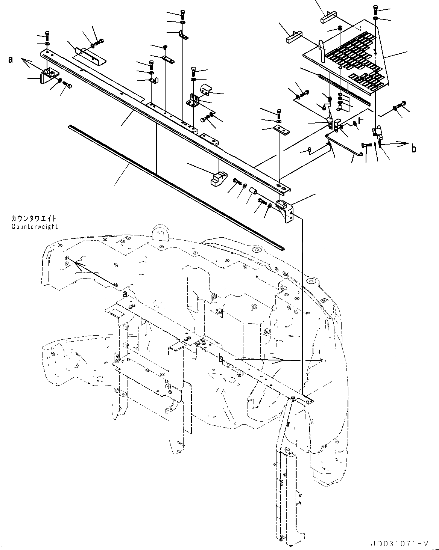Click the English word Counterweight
click(35, 227)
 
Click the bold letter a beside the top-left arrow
click(11, 59)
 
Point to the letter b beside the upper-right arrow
click(413, 148)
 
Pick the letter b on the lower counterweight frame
click(222, 359)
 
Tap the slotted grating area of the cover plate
click(354, 60)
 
